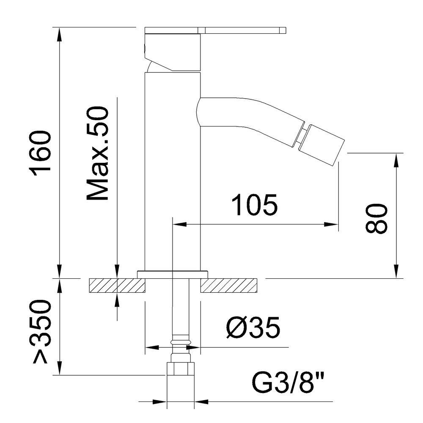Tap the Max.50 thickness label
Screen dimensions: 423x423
(98, 153)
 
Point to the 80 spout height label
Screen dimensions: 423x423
(376, 218)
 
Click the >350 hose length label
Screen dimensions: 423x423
(42, 332)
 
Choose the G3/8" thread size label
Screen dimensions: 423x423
(289, 383)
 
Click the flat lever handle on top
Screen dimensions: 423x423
(216, 30)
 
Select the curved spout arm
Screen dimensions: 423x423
(245, 114)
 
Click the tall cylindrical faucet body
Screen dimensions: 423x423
(172, 169)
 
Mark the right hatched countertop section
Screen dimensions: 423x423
(229, 286)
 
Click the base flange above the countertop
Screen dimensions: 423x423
(173, 274)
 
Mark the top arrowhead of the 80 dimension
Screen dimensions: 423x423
(396, 159)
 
